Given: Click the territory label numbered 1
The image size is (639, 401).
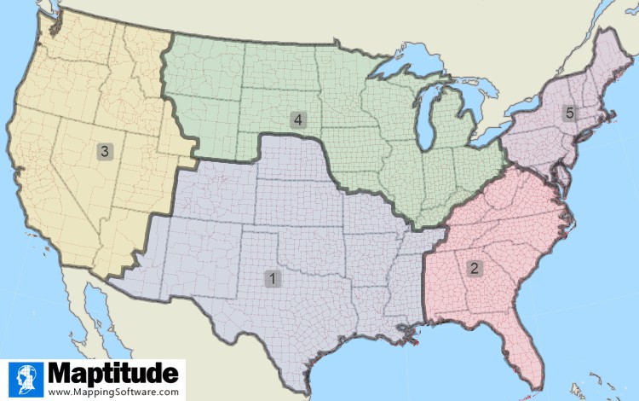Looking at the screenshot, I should coord(272,278).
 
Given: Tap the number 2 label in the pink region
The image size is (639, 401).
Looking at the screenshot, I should coord(474,268).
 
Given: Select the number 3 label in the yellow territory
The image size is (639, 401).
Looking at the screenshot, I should coord(104,152).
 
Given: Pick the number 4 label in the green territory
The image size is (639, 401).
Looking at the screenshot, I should coord(297,119).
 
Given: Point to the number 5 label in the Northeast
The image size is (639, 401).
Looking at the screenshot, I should coord(569,113).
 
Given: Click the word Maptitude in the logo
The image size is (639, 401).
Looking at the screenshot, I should coord(114,373).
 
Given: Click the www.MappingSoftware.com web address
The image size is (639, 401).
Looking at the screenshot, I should coord(113,392).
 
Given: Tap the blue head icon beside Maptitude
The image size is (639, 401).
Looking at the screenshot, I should coord(26,379).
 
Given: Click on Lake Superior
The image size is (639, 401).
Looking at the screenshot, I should coord(401,67).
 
